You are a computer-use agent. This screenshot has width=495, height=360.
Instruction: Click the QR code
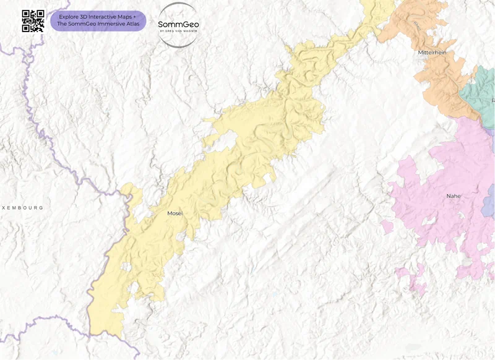coord(33,20)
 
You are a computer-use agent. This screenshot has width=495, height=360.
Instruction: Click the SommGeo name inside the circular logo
coord(178,24)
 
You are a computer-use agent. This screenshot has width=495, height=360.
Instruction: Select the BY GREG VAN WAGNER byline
coord(178,30)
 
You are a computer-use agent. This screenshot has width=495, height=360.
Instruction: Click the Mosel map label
coord(175,213)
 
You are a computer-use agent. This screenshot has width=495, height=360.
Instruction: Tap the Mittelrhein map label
coord(432,53)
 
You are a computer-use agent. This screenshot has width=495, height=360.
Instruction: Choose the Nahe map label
coord(454,196)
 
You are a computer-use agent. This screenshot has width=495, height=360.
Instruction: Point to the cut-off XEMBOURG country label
coord(22,208)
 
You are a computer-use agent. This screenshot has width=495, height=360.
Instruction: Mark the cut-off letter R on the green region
coord(493,100)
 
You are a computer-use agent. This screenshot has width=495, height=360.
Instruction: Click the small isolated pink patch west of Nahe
coord(387,227)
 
